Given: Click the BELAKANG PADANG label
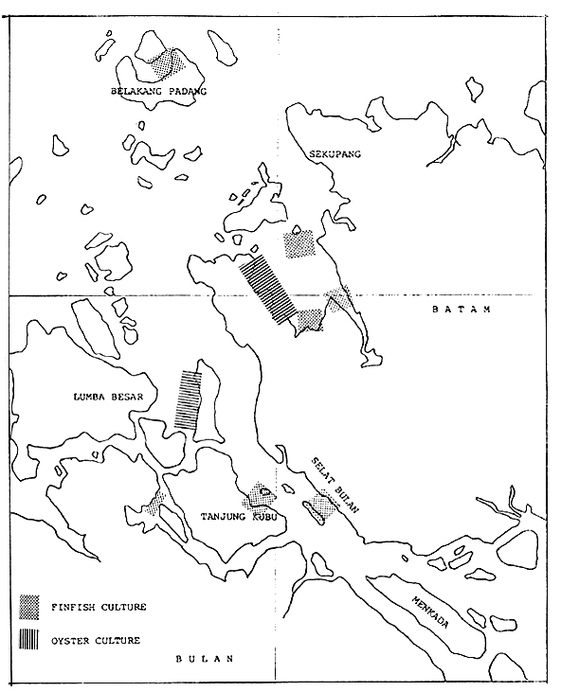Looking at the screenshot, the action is click(159, 92).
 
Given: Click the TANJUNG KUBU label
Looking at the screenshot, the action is click(234, 517).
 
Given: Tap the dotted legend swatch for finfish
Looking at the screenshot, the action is click(31, 604).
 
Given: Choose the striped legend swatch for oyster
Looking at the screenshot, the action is click(31, 638).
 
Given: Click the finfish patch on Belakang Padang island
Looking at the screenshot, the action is click(169, 63).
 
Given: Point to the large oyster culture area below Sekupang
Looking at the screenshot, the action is click(266, 288).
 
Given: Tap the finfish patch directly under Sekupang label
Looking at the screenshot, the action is click(299, 243).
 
